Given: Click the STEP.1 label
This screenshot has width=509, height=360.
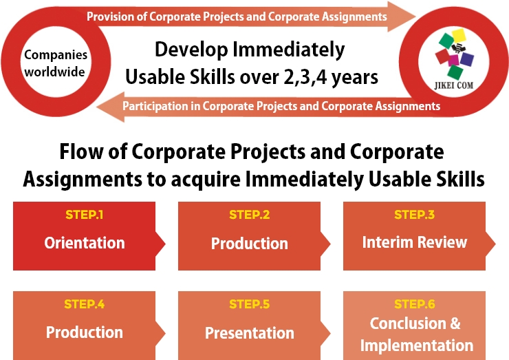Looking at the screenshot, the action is [85, 215].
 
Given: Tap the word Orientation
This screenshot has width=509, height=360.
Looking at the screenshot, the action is [85, 243].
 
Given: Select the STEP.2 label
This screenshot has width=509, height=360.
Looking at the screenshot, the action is [249, 215].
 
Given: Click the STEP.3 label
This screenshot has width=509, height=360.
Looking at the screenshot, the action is [414, 215].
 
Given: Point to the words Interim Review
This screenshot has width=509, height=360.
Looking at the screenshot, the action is [415, 242].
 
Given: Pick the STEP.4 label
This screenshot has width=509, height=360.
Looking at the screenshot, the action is [85, 304].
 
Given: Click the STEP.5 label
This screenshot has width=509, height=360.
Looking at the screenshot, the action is [249, 304].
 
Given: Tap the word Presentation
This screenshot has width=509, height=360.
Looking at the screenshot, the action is [249, 332].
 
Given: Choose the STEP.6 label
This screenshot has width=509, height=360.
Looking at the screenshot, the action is [415, 304].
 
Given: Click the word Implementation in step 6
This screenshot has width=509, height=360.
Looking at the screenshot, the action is [417, 345].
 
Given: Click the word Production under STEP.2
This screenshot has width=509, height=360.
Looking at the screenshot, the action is [249, 244].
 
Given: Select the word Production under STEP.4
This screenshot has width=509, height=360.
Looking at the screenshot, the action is [85, 332].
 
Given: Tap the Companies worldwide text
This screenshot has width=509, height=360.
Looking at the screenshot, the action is [56, 63].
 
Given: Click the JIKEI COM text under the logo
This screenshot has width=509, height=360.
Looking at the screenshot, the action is [454, 85].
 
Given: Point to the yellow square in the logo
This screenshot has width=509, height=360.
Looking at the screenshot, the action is [459, 36].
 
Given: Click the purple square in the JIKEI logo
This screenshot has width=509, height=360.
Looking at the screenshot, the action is [467, 59].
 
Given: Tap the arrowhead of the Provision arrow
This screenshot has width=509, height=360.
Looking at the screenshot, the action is [402, 17].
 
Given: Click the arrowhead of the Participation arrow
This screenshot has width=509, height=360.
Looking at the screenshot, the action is [110, 107].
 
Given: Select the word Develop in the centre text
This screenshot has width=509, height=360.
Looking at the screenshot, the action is [191, 50].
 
